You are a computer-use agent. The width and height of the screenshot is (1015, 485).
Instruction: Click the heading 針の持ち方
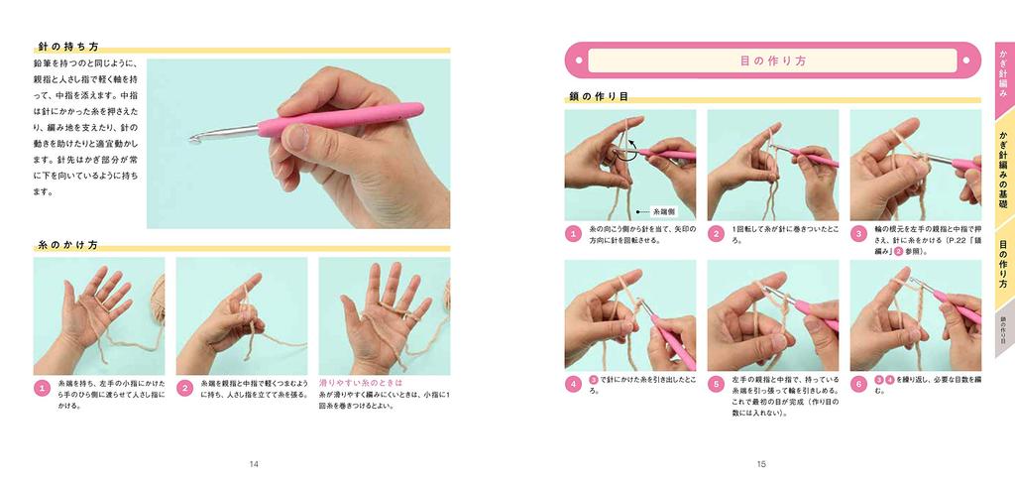point(67,46)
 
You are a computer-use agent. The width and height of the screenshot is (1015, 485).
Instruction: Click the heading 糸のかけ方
point(67,244)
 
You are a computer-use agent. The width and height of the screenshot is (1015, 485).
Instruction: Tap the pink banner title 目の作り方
point(773,61)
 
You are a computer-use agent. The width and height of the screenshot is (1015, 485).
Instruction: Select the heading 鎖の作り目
point(599,96)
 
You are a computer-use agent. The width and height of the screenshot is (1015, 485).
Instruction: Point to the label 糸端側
point(663,211)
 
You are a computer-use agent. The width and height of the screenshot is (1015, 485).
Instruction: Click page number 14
point(255,463)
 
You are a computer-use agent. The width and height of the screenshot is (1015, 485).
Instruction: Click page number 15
point(761,463)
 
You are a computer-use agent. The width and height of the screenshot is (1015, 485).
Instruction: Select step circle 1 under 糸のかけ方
point(42,388)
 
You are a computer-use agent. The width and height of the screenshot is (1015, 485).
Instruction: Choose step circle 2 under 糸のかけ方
point(184,388)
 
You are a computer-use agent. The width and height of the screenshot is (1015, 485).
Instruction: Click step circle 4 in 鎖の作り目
point(573,384)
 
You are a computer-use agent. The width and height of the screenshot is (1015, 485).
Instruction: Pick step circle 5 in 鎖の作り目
point(716,384)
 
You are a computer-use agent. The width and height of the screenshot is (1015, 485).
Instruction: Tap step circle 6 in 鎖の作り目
point(858,384)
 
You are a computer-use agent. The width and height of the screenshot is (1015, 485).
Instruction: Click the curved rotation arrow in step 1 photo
point(623,152)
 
